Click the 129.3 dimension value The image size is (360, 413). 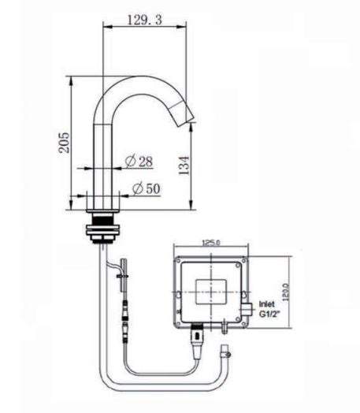[144, 20]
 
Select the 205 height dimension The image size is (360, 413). [65, 143]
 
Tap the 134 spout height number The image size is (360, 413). [184, 166]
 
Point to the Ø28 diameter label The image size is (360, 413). [139, 162]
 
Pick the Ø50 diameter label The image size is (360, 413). [147, 188]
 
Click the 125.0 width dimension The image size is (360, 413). [211, 242]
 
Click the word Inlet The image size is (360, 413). [266, 304]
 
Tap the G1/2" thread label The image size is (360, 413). [269, 314]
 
